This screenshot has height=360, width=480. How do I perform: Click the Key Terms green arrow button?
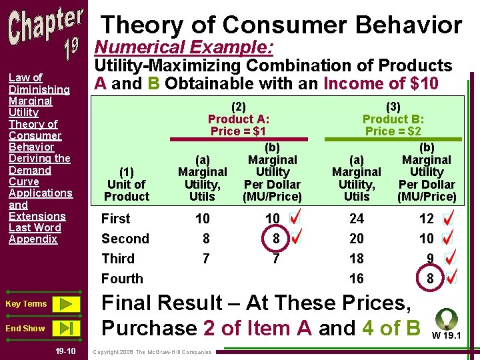(65, 304)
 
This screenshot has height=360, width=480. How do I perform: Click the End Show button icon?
(65, 328)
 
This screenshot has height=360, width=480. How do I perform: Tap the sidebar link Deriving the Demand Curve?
(39, 170)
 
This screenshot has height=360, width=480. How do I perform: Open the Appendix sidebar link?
(33, 239)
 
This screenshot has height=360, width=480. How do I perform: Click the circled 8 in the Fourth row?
(431, 279)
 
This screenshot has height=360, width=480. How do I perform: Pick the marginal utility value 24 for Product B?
(357, 219)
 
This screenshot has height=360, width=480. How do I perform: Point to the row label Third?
(118, 259)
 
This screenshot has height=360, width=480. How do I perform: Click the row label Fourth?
(122, 279)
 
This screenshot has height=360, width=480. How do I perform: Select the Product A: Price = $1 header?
(239, 119)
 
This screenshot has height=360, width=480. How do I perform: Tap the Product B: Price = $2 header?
(393, 119)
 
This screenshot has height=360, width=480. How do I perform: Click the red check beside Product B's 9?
(450, 258)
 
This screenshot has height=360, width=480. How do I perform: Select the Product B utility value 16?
(357, 279)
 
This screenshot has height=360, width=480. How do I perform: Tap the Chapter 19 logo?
(46, 33)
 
